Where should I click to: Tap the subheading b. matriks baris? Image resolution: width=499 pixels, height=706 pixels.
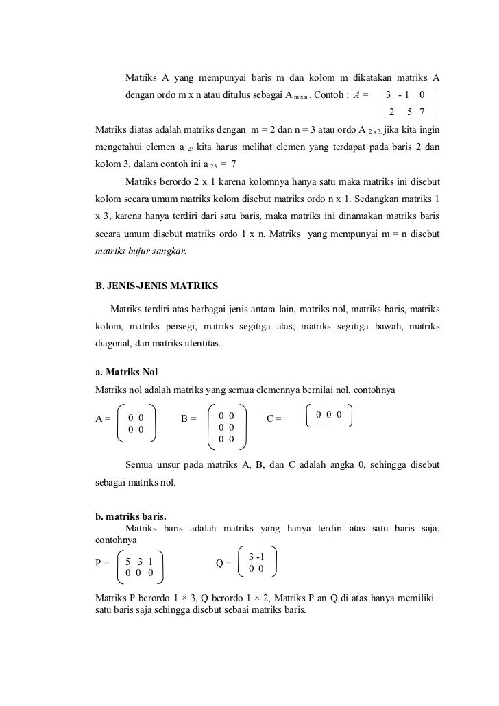(131, 518)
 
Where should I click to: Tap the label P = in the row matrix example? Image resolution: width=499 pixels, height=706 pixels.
(102, 564)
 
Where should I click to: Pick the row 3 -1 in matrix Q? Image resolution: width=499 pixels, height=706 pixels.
(257, 557)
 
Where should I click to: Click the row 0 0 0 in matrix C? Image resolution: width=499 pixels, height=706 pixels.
(328, 415)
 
